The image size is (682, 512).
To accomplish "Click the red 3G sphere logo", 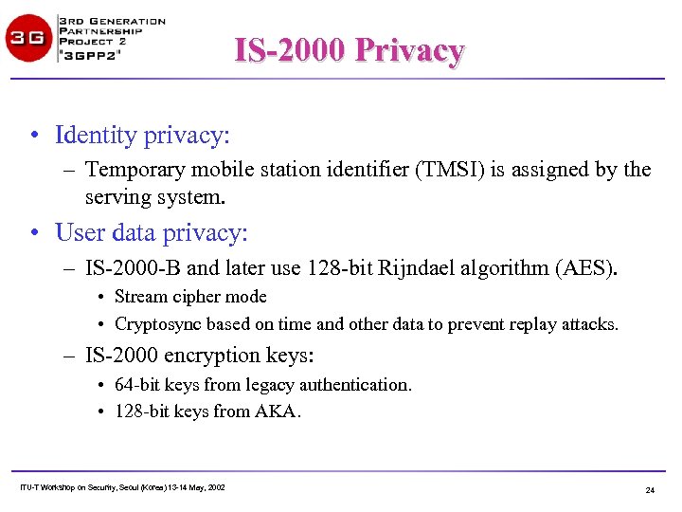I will (x=28, y=38).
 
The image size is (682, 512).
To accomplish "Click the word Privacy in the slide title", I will (x=409, y=50).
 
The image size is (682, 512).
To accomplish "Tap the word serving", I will (x=115, y=197).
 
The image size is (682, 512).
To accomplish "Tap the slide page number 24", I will (x=650, y=489).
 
